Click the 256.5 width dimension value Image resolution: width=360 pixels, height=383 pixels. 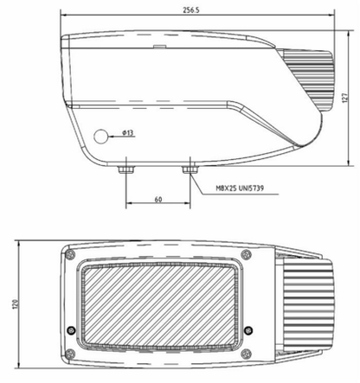[191, 10]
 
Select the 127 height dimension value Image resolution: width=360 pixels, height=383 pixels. [344, 98]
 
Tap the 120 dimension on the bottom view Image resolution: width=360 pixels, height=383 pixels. [16, 304]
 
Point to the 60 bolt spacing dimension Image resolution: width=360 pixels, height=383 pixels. [158, 199]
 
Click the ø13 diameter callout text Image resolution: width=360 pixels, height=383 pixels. [127, 132]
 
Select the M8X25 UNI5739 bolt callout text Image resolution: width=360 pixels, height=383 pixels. [240, 188]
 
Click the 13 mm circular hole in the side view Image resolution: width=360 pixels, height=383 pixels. [100, 137]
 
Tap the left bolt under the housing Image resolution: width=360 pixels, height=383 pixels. [126, 169]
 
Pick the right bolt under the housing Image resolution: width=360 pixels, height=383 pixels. [190, 169]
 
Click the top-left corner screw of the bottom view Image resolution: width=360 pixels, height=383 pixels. [70, 254]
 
